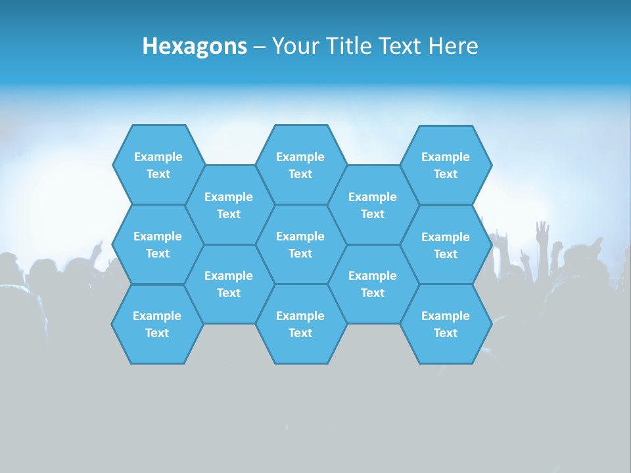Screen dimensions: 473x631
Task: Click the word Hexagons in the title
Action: point(195,46)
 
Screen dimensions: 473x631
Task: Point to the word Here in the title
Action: point(453,46)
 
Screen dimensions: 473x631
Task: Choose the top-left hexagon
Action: point(158,165)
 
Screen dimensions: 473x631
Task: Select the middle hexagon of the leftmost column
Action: point(158,244)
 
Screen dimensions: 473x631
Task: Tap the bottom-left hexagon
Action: point(157,324)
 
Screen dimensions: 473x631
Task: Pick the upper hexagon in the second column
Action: point(229,205)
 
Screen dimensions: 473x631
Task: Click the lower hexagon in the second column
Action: point(229,284)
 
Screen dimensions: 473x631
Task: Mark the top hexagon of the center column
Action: point(300,165)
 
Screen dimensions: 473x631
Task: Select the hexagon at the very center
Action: point(300,244)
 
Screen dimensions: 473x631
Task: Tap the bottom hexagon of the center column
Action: point(300,324)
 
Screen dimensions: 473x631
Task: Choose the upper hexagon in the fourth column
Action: point(373,205)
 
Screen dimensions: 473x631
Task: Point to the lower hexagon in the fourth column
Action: point(373,284)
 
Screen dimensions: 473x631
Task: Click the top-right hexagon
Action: point(446,165)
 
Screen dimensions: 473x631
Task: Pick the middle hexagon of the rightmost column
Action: point(446,245)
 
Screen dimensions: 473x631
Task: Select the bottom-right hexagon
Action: point(446,324)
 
